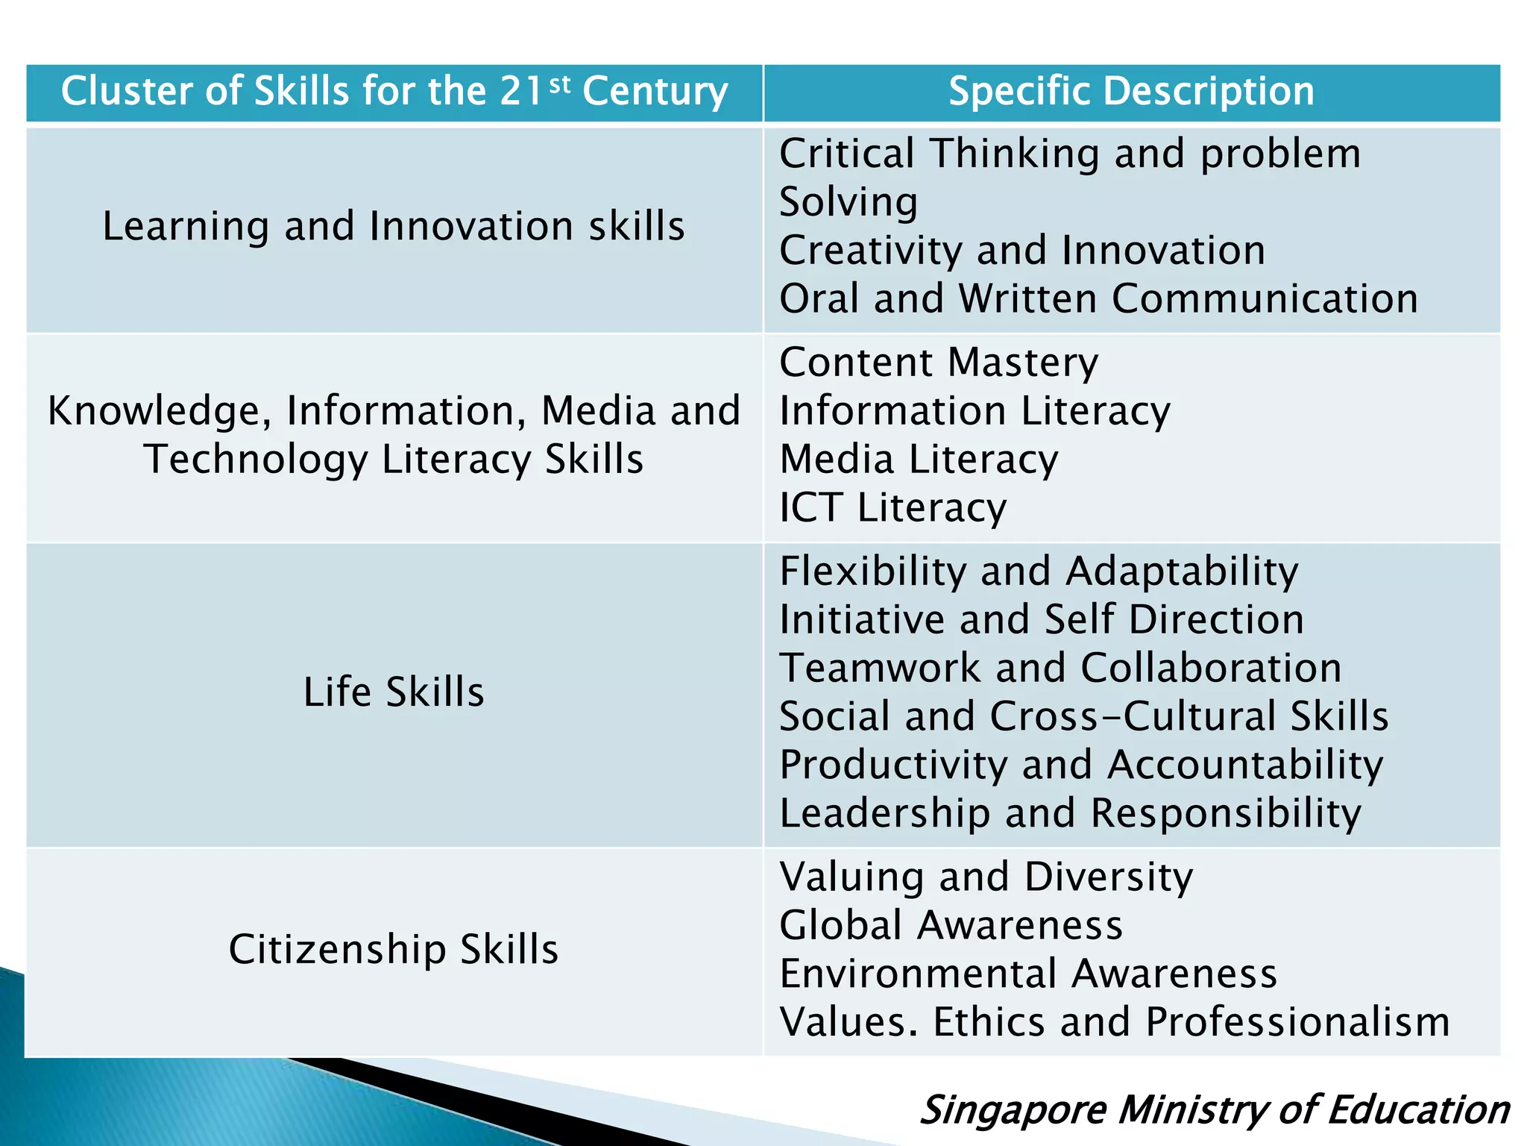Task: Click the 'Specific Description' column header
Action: pos(1130,92)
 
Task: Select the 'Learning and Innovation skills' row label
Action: pos(394,226)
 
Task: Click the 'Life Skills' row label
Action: pos(394,692)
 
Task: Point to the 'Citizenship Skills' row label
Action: pos(394,949)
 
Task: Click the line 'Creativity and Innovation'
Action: pos(1022,250)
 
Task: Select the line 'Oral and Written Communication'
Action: pos(1098,298)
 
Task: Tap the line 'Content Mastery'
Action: pos(939,363)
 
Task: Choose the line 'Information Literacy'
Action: pos(975,411)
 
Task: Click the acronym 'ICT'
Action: pos(811,507)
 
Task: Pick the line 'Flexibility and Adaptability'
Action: pos(1039,572)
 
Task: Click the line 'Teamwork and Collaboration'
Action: pos(1060,668)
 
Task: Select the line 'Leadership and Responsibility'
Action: pos(1070,813)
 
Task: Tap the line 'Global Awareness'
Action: pos(951,925)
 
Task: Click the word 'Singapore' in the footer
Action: pos(1013,1109)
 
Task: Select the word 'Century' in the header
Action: pos(655,92)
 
